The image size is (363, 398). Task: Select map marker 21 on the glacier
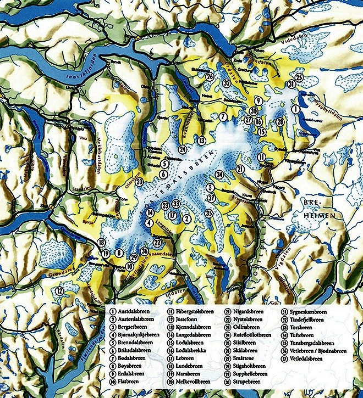[239, 169]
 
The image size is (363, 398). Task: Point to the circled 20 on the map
[140, 182]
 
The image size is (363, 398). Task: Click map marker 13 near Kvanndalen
[201, 140]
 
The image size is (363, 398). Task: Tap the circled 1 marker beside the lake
[295, 110]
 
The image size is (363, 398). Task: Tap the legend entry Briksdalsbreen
[134, 348]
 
